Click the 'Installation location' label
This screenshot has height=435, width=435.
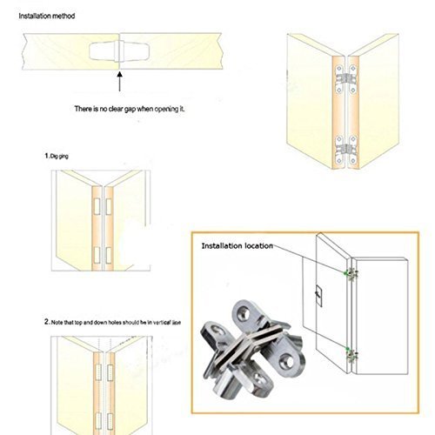(x=237, y=246)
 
